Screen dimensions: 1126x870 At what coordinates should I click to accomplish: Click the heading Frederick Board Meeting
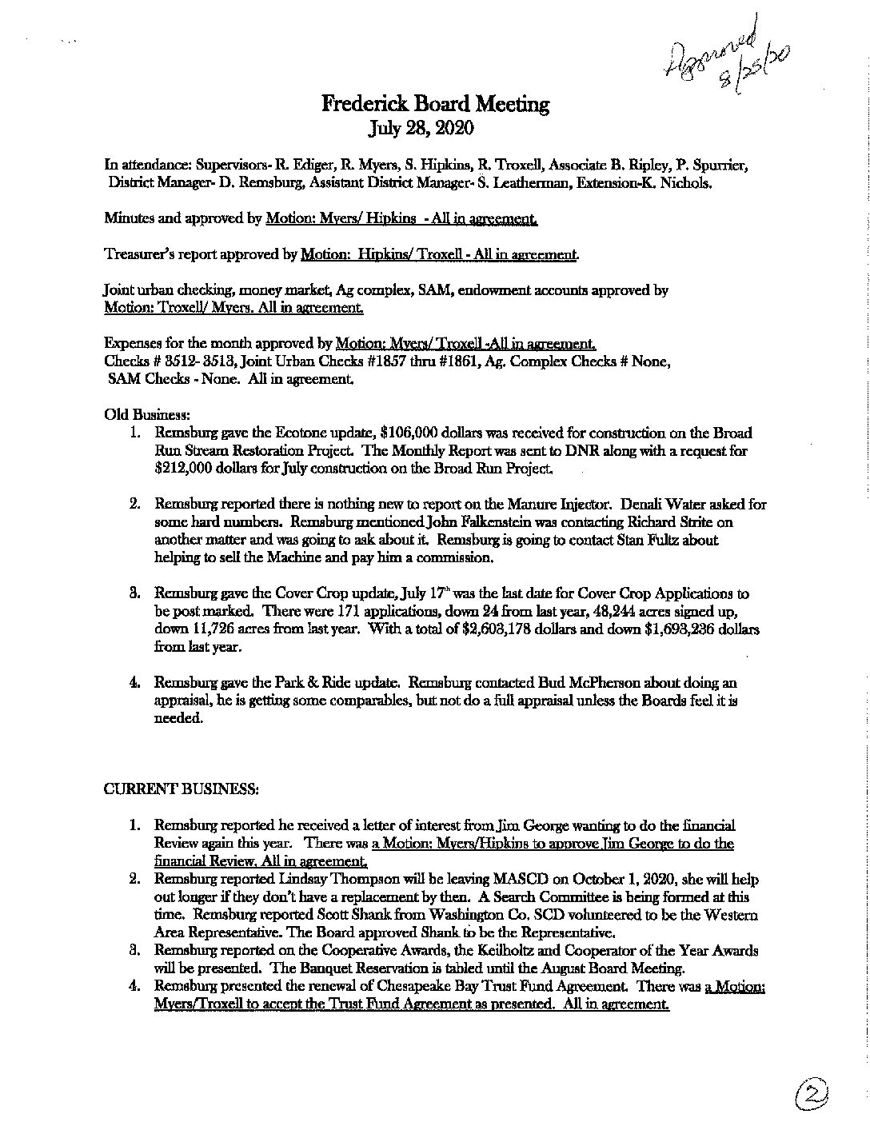tap(435, 104)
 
